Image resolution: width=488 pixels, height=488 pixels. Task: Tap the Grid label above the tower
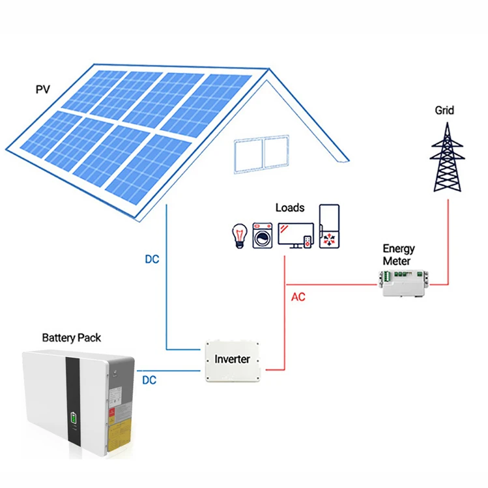pos(444,111)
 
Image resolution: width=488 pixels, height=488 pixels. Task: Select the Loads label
pos(289,207)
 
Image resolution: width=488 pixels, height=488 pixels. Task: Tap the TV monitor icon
pos(295,234)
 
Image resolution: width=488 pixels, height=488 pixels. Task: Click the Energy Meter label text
pos(399,255)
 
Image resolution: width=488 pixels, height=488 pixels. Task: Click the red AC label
pos(298,297)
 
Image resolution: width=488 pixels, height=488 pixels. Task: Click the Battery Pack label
pos(72,337)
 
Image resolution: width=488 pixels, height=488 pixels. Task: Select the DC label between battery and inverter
pos(149,380)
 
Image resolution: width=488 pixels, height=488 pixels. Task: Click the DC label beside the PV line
pos(151,259)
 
